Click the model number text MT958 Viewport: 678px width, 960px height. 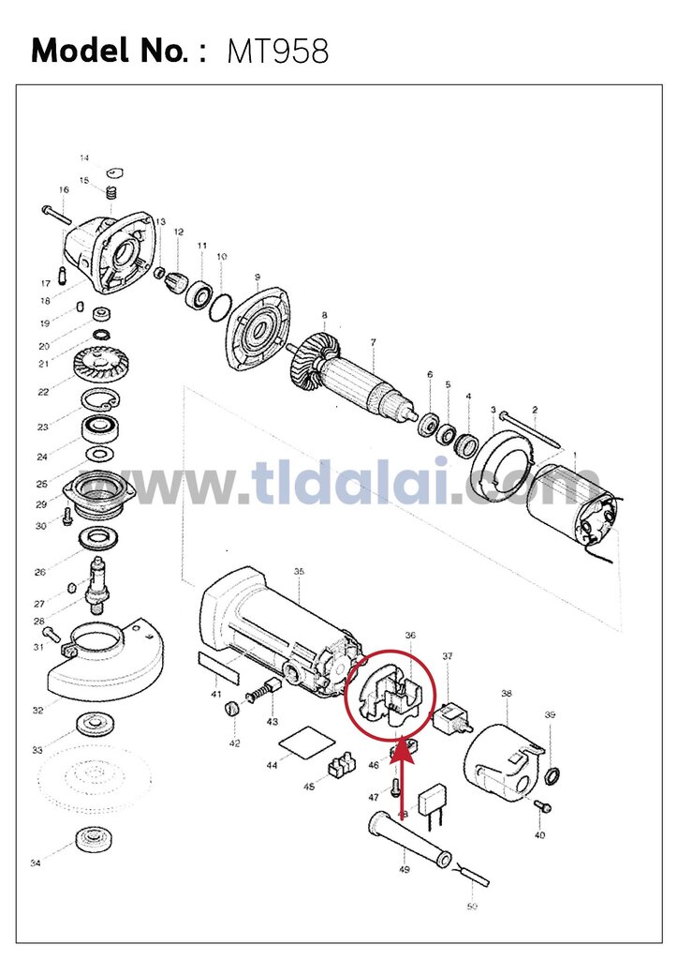coord(278,52)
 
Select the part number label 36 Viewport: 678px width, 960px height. coord(410,635)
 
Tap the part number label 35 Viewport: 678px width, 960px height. coord(299,571)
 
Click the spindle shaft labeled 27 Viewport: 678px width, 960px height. coord(98,582)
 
